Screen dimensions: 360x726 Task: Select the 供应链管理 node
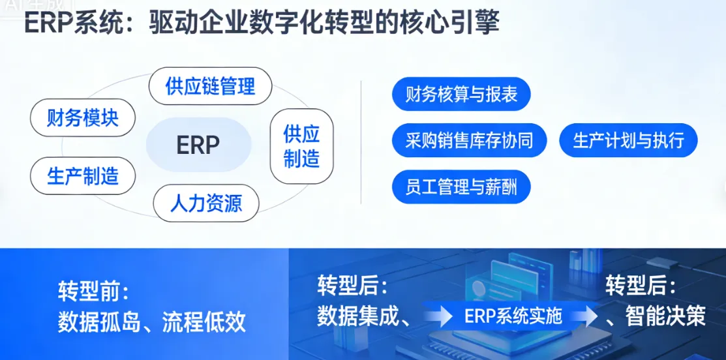[x=210, y=86]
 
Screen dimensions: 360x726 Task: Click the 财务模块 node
[x=83, y=118]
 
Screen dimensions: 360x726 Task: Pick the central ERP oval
[x=198, y=145]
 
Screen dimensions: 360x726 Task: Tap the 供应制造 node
[x=301, y=146]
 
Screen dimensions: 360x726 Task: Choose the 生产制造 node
[x=83, y=175]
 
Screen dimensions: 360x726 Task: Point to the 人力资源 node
[x=206, y=203]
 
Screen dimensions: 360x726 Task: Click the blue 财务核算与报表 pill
[x=461, y=95]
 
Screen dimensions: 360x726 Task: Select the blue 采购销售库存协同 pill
[x=469, y=140]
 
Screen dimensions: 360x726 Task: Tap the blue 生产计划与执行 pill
[x=628, y=140]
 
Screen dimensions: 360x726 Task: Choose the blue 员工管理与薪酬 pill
[x=461, y=187]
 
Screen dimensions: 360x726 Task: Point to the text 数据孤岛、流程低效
[x=152, y=322]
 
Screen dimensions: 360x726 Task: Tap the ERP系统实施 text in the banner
[x=513, y=316]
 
